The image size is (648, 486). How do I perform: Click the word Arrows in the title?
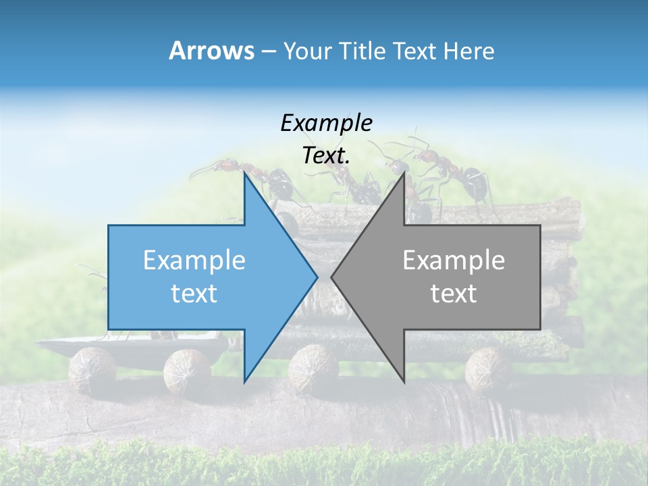211,51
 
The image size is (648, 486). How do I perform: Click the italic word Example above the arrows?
326,123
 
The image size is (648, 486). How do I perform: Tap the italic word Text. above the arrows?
326,156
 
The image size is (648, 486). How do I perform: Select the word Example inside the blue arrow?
194,261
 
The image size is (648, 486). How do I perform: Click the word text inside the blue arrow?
194,294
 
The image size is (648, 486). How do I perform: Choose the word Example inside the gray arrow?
454,261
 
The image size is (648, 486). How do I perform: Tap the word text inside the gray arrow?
454,294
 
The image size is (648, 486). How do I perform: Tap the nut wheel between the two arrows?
313,368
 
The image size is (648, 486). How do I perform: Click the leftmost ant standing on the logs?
263,180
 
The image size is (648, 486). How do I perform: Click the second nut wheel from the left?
186,369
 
